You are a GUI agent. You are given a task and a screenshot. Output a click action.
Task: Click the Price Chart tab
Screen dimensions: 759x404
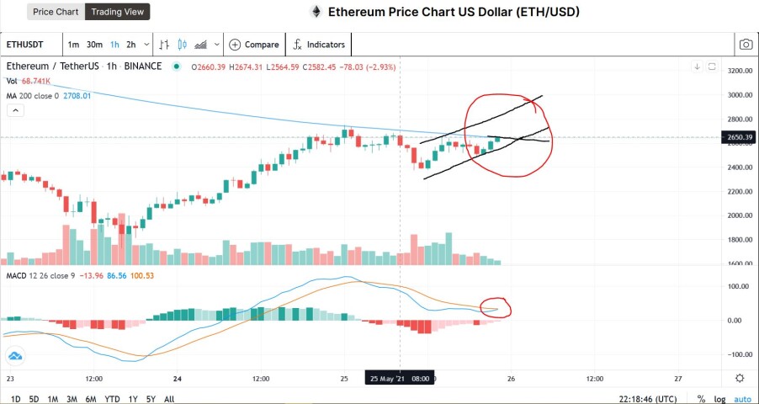[x=56, y=12]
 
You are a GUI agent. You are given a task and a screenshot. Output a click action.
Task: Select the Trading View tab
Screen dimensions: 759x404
[x=117, y=12]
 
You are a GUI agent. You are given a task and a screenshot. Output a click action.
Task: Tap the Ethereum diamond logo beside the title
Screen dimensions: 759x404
[x=316, y=12]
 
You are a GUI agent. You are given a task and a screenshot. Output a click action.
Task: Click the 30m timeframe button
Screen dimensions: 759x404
[x=94, y=45]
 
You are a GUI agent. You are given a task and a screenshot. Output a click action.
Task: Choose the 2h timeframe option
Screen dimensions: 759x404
[x=130, y=45]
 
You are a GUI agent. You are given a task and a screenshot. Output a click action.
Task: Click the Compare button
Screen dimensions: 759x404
[x=254, y=45]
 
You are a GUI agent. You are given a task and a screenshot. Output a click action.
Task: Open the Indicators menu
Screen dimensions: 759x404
[x=319, y=45]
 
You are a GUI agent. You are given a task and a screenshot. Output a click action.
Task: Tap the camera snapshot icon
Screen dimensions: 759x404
[x=746, y=45]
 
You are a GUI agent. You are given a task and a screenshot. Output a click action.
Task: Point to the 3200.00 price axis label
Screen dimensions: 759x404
[x=740, y=71]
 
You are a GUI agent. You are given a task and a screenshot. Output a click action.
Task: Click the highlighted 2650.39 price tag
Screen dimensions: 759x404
[x=739, y=137]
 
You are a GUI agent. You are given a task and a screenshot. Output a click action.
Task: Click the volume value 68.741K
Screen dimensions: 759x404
[x=35, y=82]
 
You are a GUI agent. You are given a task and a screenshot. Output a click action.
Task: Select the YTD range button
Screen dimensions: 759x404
[x=112, y=399]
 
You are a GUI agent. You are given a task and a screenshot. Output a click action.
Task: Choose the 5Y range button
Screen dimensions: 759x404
[x=151, y=399]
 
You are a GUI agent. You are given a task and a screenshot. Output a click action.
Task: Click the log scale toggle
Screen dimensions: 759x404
[x=719, y=399]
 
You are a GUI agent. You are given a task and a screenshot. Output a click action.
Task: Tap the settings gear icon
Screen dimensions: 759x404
[x=739, y=378]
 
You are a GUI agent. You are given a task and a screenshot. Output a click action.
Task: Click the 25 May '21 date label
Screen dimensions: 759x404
[x=385, y=378]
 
